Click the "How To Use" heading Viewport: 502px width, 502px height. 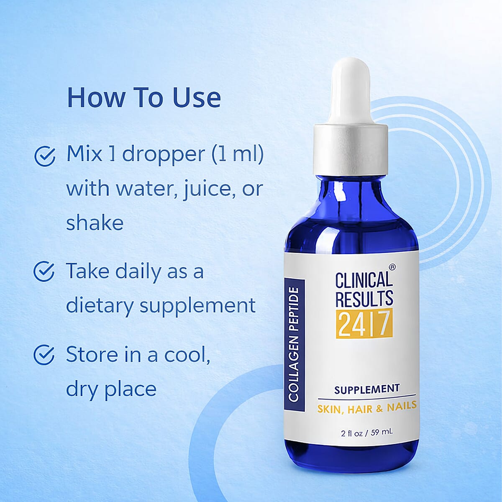click(x=143, y=97)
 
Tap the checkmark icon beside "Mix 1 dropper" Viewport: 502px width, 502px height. click(x=44, y=156)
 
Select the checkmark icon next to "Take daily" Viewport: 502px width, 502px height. click(x=44, y=272)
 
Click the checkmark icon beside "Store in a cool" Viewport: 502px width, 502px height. click(x=44, y=355)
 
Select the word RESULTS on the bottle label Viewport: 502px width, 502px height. click(x=364, y=298)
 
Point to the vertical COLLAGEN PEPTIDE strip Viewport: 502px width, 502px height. click(x=293, y=344)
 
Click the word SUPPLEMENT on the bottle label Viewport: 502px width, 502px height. click(x=367, y=389)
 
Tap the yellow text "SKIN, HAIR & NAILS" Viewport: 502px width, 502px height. click(x=367, y=407)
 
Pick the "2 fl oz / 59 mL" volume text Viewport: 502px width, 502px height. click(x=367, y=432)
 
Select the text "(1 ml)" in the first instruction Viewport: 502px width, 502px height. click(x=237, y=155)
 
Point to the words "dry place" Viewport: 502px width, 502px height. click(x=111, y=389)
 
